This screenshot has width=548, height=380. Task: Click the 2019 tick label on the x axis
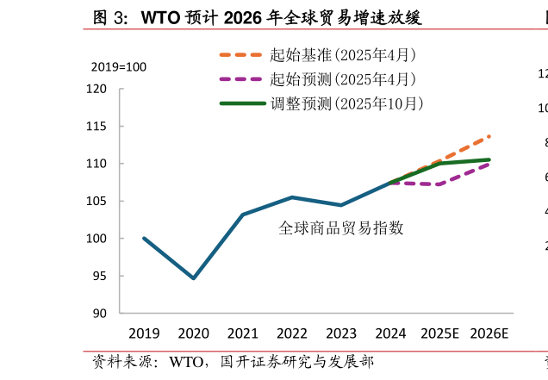[x=144, y=333]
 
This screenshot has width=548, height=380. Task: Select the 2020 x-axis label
[x=194, y=333]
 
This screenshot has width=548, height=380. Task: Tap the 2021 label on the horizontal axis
[x=243, y=333]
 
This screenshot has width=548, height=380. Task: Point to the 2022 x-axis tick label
[x=292, y=333]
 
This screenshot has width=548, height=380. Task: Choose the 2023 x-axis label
[x=341, y=333]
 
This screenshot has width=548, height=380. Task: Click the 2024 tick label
[x=390, y=333]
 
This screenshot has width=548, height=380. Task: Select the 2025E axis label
[x=439, y=333]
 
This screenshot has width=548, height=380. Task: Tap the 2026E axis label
[x=489, y=333]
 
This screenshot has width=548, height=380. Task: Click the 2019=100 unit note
[x=119, y=67]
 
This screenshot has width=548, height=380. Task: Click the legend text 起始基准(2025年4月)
[x=343, y=55]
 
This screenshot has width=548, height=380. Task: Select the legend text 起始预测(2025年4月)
[x=343, y=79]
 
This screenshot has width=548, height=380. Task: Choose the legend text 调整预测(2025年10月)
[x=346, y=103]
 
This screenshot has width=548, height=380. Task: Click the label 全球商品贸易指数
[x=341, y=228]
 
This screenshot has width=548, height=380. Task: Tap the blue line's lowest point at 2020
[x=194, y=278]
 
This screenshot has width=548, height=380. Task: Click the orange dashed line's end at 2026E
[x=489, y=136]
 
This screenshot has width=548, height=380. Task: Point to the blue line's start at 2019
[x=144, y=238]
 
